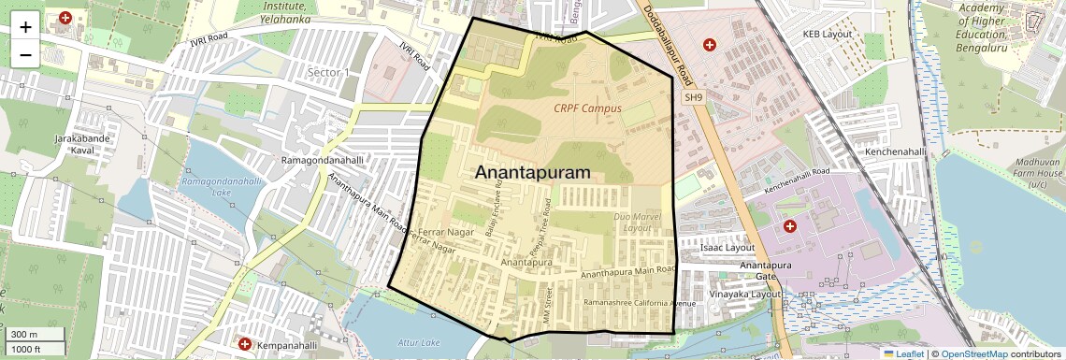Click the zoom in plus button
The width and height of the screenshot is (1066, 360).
click(x=25, y=26)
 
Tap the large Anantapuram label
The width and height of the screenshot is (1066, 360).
click(x=533, y=173)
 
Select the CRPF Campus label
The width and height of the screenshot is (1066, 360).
click(x=587, y=108)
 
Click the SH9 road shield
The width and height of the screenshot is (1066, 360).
click(x=692, y=97)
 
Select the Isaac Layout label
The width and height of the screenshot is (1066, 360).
click(x=727, y=248)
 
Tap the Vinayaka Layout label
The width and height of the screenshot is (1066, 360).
click(x=744, y=294)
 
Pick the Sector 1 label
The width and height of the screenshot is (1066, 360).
click(x=328, y=72)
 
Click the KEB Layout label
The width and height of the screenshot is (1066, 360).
click(x=828, y=34)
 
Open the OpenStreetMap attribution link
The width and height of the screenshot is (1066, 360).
click(x=973, y=353)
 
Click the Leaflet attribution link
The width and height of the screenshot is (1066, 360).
click(x=902, y=353)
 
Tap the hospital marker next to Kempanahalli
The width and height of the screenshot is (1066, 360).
click(x=245, y=344)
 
